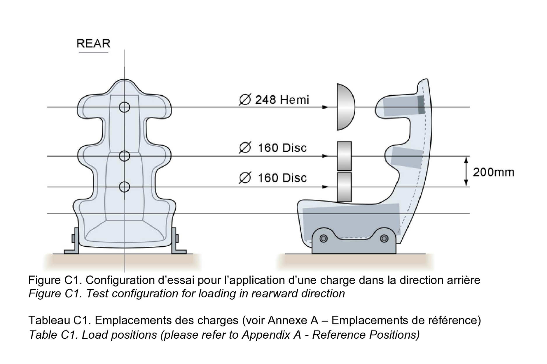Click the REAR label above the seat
(93, 44)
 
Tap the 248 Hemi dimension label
(274, 100)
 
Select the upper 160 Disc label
(273, 148)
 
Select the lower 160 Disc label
(273, 178)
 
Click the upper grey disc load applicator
(344, 156)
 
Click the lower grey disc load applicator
(344, 187)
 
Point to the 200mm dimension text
(493, 172)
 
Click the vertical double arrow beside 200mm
(466, 172)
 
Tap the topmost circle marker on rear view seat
(125, 107)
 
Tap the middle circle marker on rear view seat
(125, 156)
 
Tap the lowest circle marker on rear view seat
(125, 187)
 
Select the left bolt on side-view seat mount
(323, 239)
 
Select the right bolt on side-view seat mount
(384, 239)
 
